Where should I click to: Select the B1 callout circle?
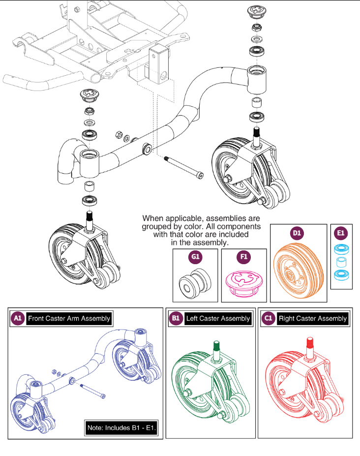[x=176, y=319]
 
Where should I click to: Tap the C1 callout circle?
[x=269, y=319]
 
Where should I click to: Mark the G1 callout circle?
[x=195, y=257]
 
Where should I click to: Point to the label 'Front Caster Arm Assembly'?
[x=69, y=319]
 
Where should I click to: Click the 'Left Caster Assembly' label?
[x=218, y=319]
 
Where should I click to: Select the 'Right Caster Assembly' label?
[x=312, y=319]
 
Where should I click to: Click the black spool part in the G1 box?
[x=195, y=284]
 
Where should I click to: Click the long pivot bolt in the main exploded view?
[x=182, y=165]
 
